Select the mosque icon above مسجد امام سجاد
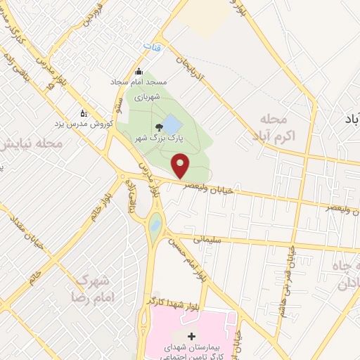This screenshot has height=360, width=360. coord(139,72)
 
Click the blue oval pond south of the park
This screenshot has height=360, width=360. coord(155,226)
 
